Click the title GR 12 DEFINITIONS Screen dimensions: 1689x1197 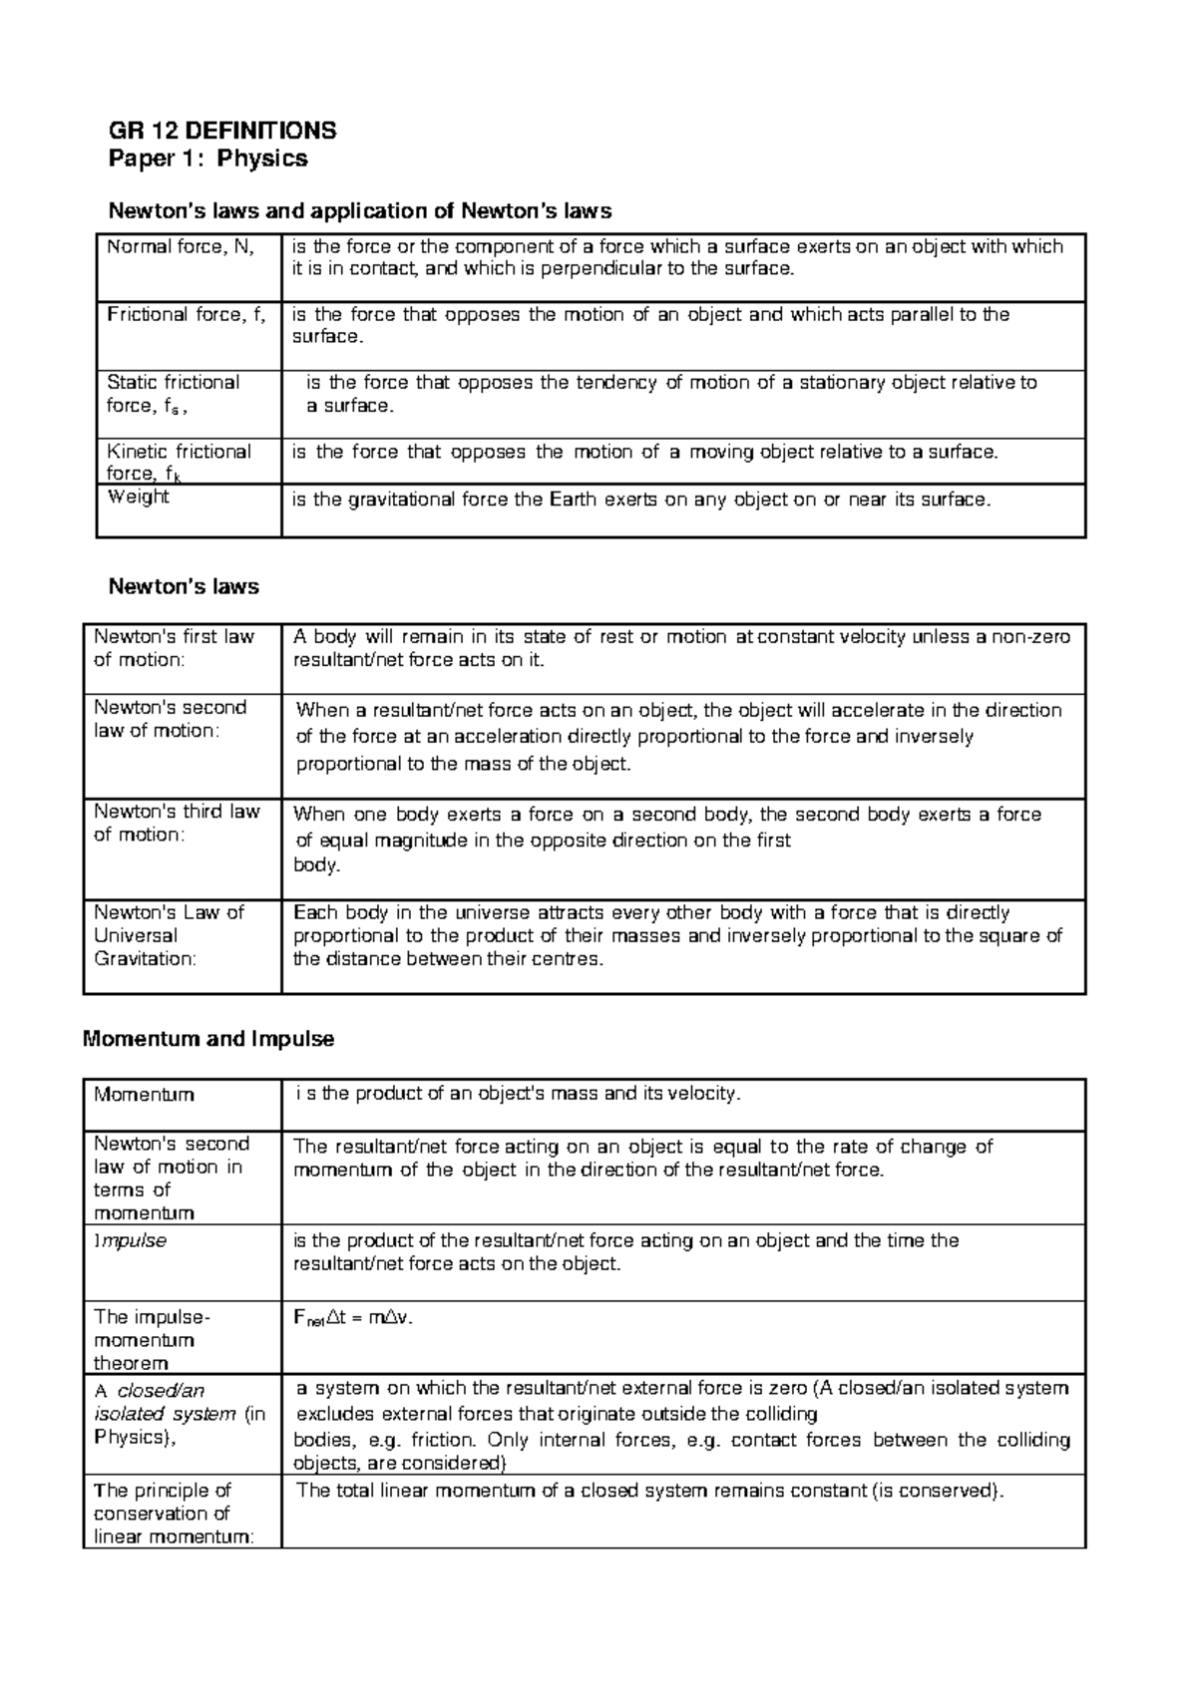tap(221, 131)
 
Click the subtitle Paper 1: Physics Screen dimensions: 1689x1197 tap(207, 159)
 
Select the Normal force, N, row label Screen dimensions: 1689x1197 tap(181, 246)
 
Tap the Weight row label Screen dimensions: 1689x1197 tap(138, 498)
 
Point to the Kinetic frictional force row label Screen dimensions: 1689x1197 tap(179, 463)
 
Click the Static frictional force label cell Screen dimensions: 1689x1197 tap(174, 394)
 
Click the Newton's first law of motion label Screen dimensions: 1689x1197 tap(174, 648)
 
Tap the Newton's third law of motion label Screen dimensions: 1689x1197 tap(177, 823)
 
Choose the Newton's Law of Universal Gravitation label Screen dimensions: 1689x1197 tap(169, 935)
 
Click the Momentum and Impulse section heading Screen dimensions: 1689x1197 tap(208, 1039)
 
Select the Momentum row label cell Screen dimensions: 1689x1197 tap(144, 1095)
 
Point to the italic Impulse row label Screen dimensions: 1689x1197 tap(130, 1241)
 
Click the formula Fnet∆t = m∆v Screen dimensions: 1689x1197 tap(352, 1317)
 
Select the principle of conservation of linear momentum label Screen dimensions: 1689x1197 tap(174, 1514)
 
